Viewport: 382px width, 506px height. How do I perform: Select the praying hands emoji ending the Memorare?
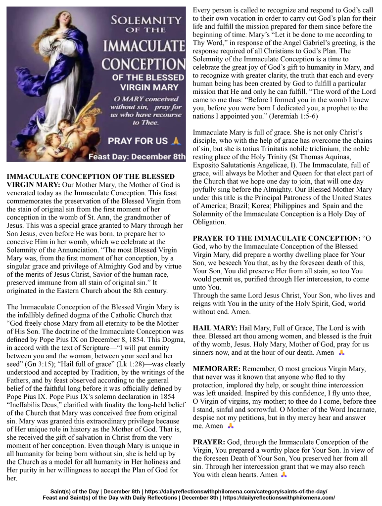pyautogui.click(x=230, y=426)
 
